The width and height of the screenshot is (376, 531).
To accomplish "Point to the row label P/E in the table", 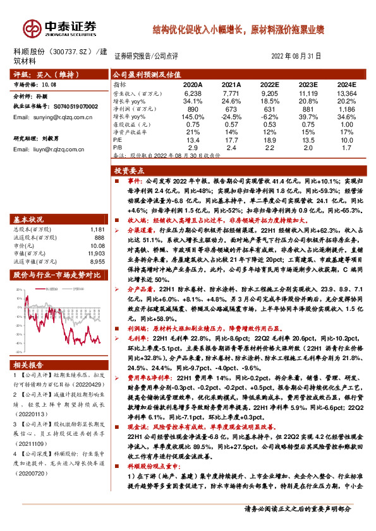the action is (119, 140).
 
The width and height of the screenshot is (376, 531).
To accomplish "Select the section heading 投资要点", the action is (130, 171).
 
